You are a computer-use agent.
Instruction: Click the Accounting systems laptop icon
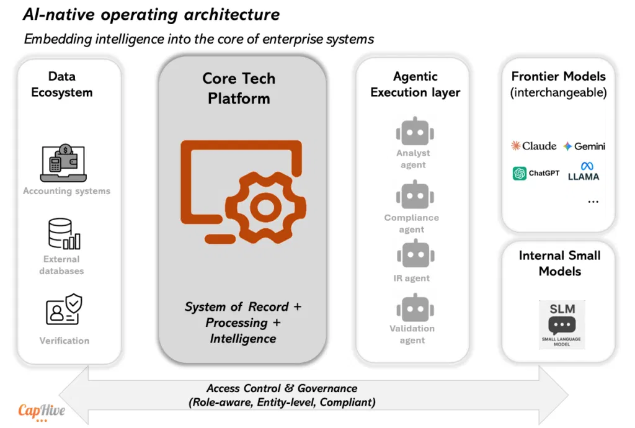[x=63, y=163]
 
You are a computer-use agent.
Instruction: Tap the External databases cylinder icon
[x=64, y=234]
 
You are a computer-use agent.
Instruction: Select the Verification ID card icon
[x=64, y=309]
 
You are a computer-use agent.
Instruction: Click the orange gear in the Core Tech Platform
[x=265, y=207]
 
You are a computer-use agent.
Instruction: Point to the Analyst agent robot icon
[x=415, y=132]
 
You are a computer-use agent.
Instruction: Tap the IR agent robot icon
[x=415, y=254]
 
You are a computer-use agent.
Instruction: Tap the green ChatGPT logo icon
[x=519, y=173]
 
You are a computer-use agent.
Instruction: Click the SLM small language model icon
[x=562, y=324]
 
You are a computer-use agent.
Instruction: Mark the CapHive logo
[x=42, y=412]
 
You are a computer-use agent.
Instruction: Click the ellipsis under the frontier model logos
[x=593, y=202]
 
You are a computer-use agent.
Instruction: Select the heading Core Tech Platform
[x=239, y=88]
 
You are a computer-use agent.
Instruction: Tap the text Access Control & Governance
[x=282, y=388]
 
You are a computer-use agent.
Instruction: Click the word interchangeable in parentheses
[x=559, y=92]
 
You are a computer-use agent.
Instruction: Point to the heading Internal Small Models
[x=560, y=263]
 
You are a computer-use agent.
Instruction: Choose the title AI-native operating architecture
[x=151, y=15]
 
